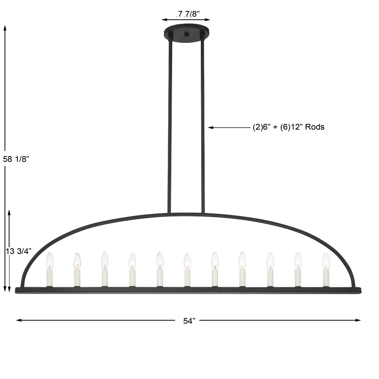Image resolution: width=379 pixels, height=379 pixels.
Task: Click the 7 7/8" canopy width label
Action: coord(188,14)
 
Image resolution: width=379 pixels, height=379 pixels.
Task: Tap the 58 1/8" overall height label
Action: coord(16,159)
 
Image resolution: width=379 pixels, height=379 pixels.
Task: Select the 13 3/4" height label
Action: coord(19,251)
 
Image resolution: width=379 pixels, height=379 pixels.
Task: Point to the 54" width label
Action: coord(189,321)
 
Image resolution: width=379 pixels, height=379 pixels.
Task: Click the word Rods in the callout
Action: coord(315,127)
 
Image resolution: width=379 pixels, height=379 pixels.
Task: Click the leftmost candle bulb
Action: coord(50,261)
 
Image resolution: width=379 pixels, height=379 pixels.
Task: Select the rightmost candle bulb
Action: coord(326,261)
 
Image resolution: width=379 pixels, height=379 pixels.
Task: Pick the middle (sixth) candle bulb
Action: coord(187,262)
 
